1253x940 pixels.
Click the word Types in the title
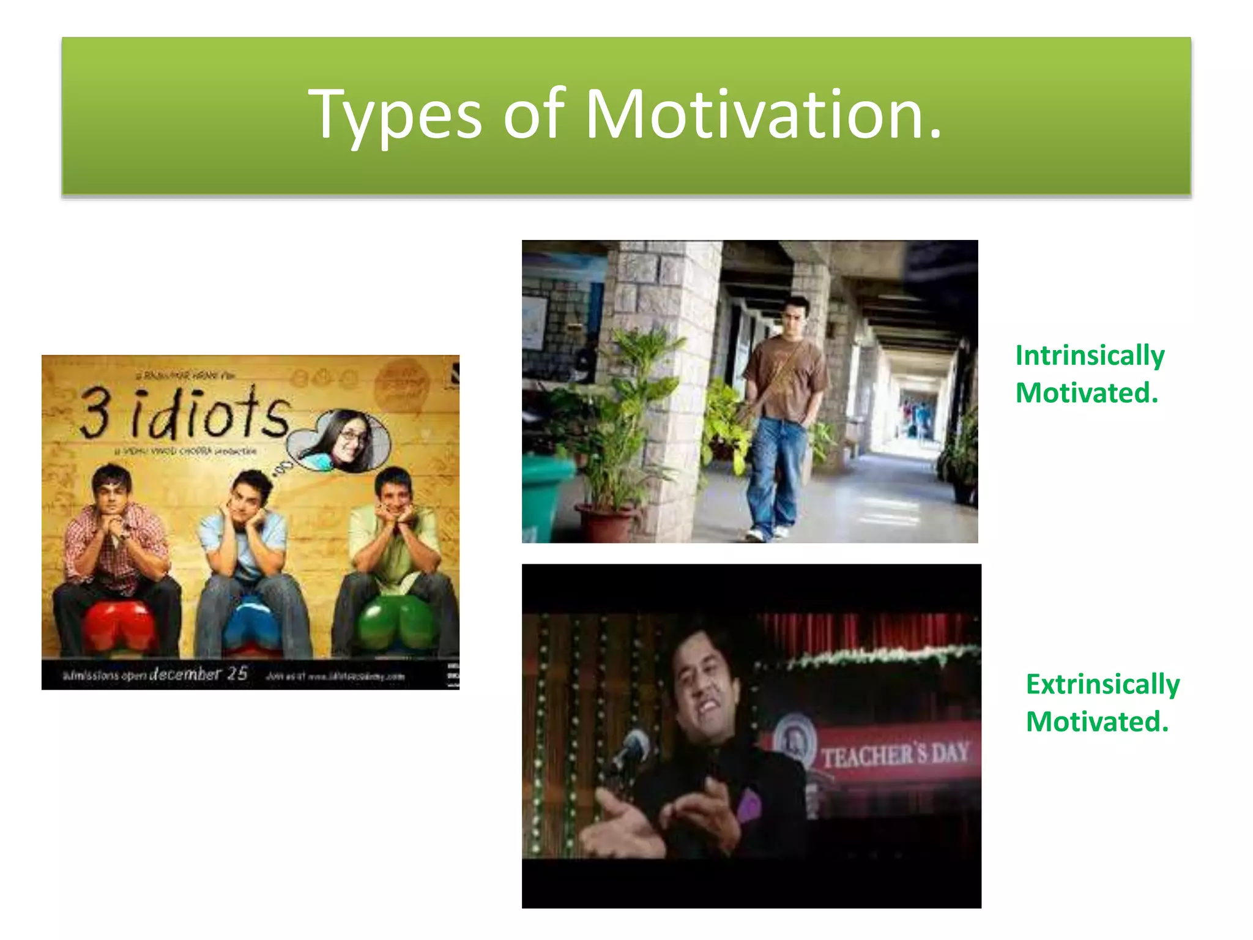click(x=395, y=115)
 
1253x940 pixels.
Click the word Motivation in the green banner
click(x=763, y=115)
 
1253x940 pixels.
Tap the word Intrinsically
click(x=1090, y=356)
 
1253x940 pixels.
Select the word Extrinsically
click(x=1102, y=684)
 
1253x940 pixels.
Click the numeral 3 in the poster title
click(x=96, y=414)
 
